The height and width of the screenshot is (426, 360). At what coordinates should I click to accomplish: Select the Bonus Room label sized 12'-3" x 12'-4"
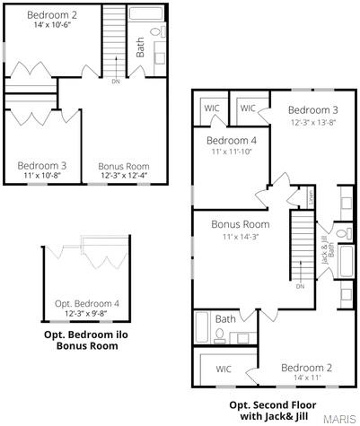click(123, 175)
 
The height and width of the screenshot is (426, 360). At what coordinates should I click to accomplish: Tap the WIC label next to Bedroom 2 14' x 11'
click(224, 369)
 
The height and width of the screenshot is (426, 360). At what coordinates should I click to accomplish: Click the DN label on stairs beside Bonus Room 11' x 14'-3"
click(300, 286)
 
